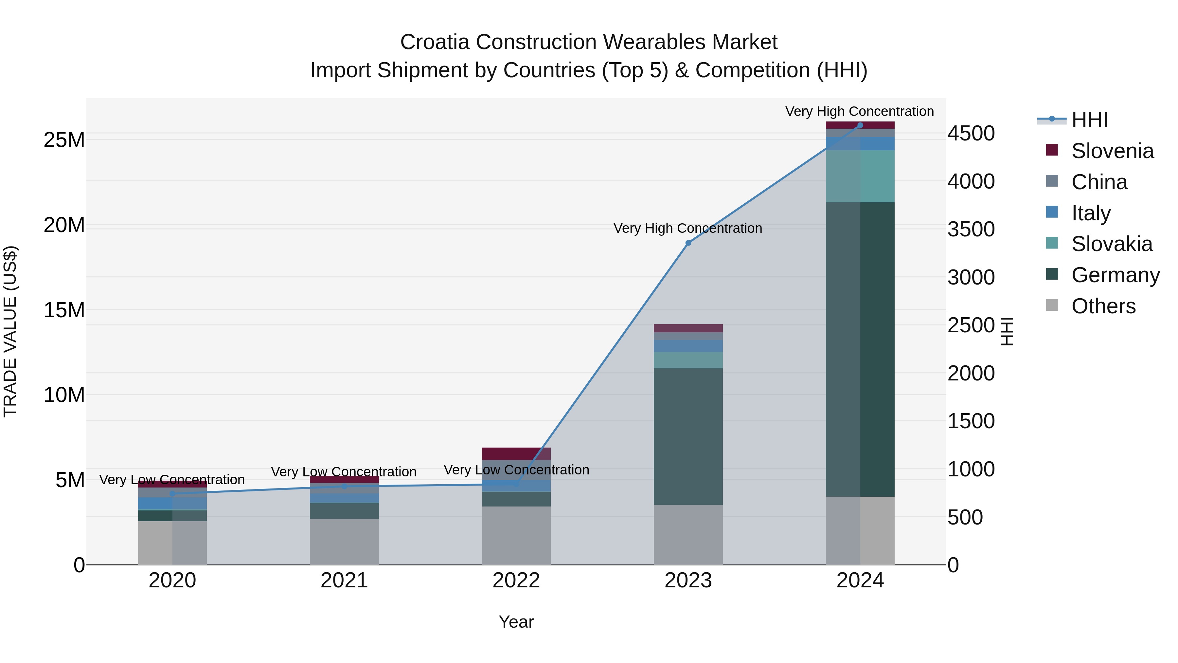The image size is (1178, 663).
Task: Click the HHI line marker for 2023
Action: click(x=688, y=243)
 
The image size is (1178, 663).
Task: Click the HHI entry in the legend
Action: click(x=1089, y=120)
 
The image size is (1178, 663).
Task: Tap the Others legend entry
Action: click(x=1103, y=306)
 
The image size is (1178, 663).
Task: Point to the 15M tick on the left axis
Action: click(x=64, y=310)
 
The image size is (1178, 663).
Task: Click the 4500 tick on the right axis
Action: click(x=971, y=134)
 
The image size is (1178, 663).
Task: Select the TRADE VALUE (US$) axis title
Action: click(x=10, y=331)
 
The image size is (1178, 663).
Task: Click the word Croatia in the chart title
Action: click(x=435, y=42)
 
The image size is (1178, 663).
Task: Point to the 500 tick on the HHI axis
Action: click(x=965, y=518)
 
